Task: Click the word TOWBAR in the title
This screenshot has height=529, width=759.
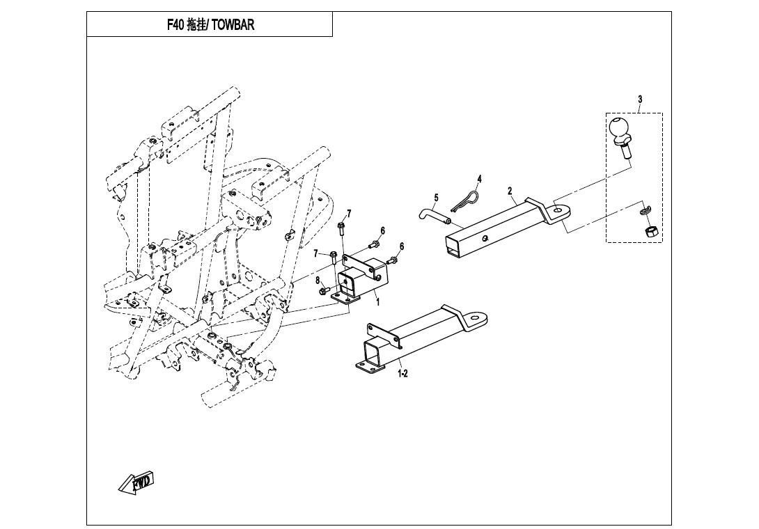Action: point(233,24)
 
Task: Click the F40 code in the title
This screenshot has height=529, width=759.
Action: point(175,24)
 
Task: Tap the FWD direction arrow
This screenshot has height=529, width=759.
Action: point(136,482)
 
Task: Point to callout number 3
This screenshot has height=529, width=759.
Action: point(640,100)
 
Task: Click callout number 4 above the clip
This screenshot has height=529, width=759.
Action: point(479,179)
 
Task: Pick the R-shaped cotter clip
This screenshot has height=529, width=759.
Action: point(464,201)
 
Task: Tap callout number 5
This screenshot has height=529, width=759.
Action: point(436,198)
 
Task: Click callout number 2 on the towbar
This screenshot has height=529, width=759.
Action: point(510,191)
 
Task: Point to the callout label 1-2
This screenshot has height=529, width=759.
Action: point(402,374)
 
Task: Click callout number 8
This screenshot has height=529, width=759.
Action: point(318,281)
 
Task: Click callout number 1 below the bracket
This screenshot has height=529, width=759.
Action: point(377,302)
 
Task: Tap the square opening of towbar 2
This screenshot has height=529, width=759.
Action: point(452,246)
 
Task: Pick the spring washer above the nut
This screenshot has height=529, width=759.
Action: point(645,209)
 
